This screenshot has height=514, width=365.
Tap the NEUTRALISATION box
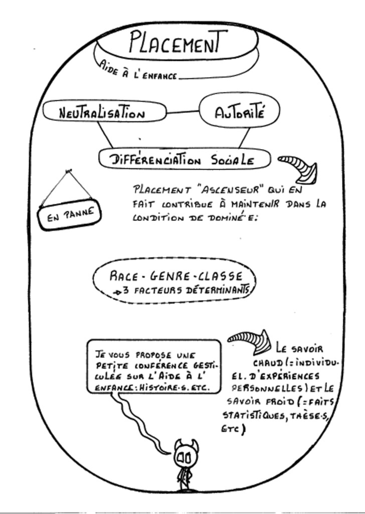[x=103, y=112]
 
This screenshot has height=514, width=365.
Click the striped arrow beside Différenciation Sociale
[x=300, y=167]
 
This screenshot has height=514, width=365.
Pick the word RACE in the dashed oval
[x=124, y=276]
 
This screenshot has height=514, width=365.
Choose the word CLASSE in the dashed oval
[x=220, y=276]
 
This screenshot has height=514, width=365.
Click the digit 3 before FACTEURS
[x=126, y=290]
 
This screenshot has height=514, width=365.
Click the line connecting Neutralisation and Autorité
[x=182, y=112]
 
